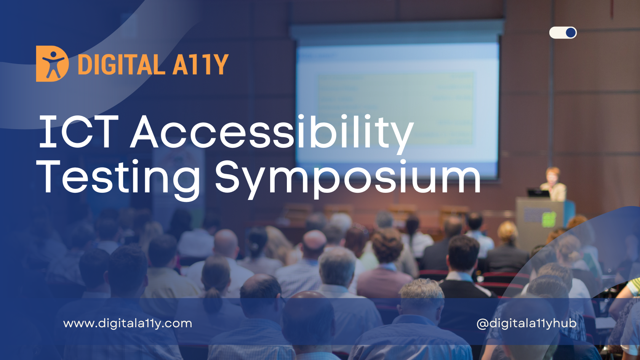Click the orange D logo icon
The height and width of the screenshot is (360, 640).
click(52, 64)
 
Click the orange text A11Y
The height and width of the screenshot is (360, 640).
click(200, 65)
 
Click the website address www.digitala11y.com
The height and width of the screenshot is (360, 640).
click(128, 324)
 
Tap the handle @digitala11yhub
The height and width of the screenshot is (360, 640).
click(526, 324)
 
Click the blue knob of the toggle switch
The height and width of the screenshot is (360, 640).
click(571, 33)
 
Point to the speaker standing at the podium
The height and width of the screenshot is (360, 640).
click(554, 184)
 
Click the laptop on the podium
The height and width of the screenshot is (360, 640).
click(538, 193)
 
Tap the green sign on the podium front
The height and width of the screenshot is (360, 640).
click(549, 220)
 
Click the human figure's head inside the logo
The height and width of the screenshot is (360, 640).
click(53, 54)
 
